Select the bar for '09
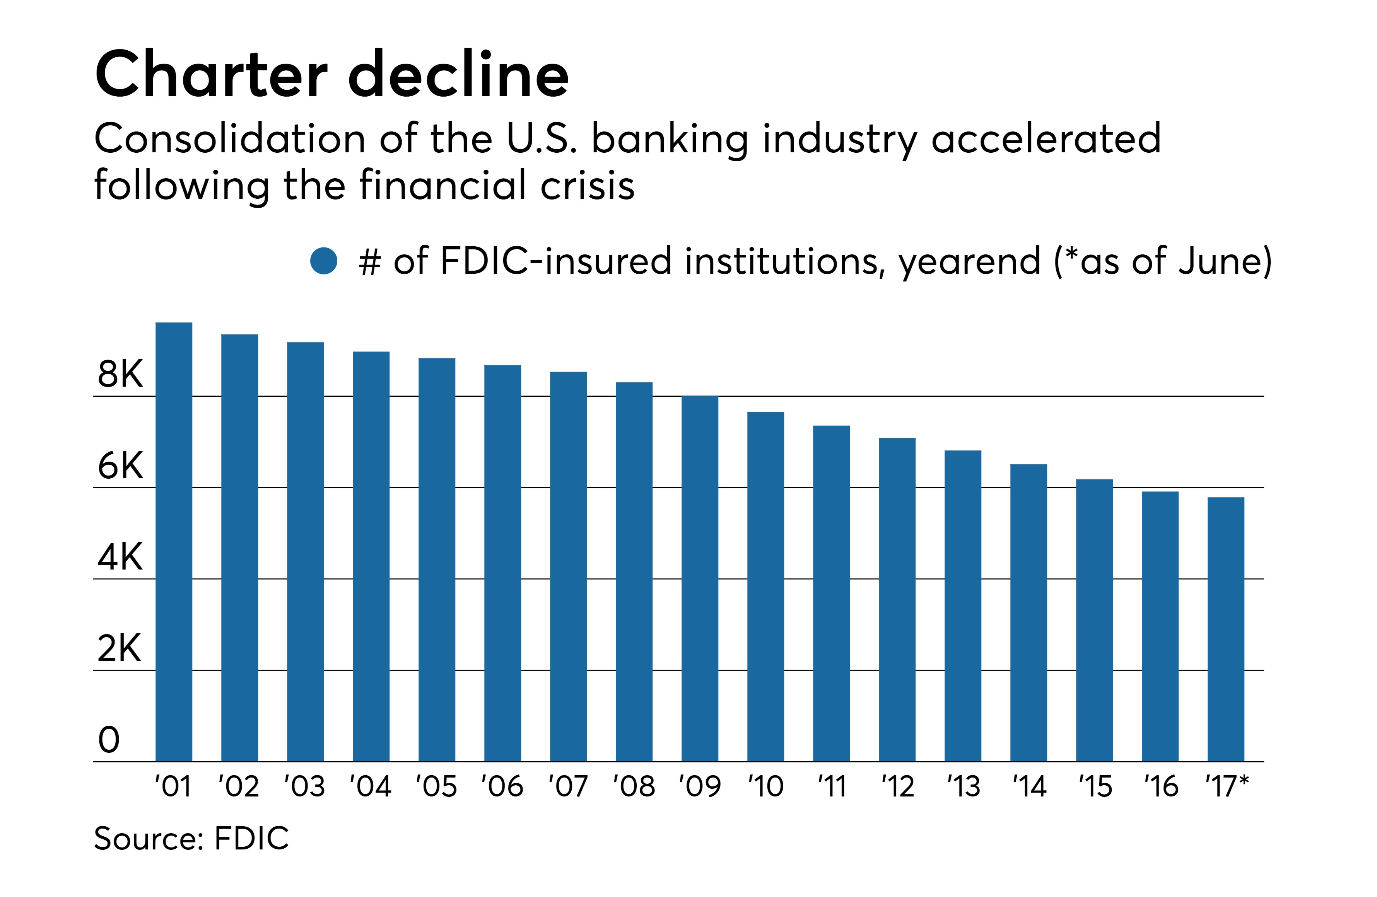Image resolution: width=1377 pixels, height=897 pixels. (x=699, y=578)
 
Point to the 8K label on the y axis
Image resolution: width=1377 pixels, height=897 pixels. (x=120, y=374)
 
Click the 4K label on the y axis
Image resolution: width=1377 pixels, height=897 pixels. (x=120, y=558)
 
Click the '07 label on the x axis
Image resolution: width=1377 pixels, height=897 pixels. (x=567, y=786)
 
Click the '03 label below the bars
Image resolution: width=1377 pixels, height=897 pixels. (x=304, y=786)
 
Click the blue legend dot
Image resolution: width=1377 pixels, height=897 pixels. (x=323, y=261)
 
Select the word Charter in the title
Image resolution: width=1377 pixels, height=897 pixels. (x=211, y=75)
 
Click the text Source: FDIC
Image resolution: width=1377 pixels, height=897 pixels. (x=191, y=839)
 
